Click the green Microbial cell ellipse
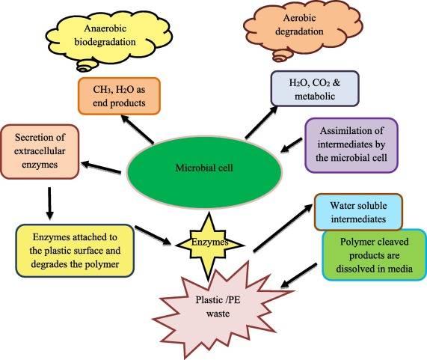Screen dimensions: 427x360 203,171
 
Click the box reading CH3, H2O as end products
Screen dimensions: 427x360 119,96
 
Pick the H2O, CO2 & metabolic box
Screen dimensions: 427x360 315,88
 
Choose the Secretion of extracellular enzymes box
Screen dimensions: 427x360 40,151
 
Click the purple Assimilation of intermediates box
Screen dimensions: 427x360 351,145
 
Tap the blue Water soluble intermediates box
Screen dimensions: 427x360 358,212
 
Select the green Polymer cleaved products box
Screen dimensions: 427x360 374,255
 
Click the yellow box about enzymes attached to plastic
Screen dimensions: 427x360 75,251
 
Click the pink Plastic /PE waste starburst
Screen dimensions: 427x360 218,307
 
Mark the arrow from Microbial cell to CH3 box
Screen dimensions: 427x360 137,129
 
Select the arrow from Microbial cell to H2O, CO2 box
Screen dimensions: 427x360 262,122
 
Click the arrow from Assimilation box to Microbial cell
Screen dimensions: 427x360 291,145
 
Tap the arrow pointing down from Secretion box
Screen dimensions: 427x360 49,203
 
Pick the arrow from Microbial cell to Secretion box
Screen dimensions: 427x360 101,168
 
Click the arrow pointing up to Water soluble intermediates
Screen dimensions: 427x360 283,228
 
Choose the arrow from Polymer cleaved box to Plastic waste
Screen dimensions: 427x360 298,275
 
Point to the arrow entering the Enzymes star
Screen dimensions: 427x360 153,235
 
